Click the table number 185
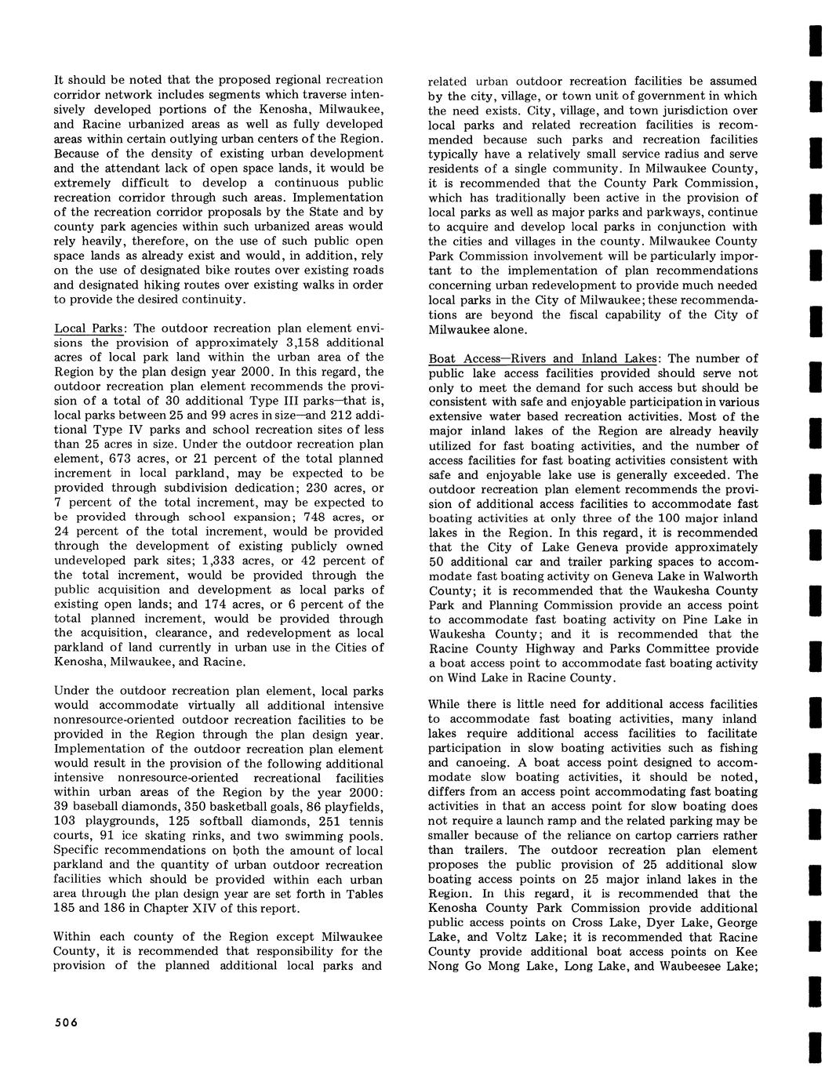[66, 909]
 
